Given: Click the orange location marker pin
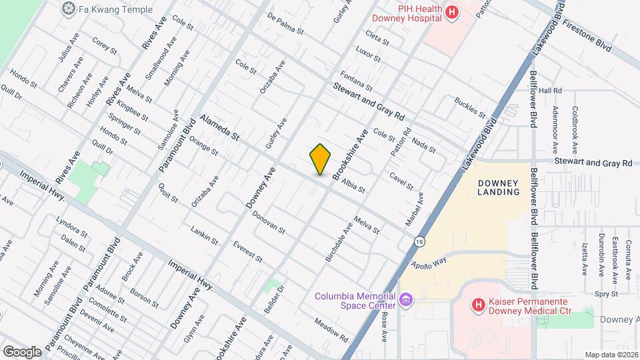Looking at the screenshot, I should pyautogui.click(x=321, y=159).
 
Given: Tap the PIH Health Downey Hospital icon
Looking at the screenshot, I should pyautogui.click(x=453, y=12).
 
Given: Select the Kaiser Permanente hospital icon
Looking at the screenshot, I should pyautogui.click(x=478, y=305).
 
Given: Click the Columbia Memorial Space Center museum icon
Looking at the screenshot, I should pyautogui.click(x=406, y=301).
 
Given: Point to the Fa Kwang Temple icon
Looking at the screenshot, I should pyautogui.click(x=68, y=9).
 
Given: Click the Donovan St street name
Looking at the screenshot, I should pyautogui.click(x=269, y=223).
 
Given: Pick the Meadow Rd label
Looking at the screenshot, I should pyautogui.click(x=333, y=329).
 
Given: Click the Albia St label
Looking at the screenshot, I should pyautogui.click(x=353, y=185).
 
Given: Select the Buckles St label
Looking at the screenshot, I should pyautogui.click(x=470, y=109).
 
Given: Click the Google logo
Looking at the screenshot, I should pyautogui.click(x=22, y=351).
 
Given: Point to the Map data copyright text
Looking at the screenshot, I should pyautogui.click(x=611, y=355).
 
